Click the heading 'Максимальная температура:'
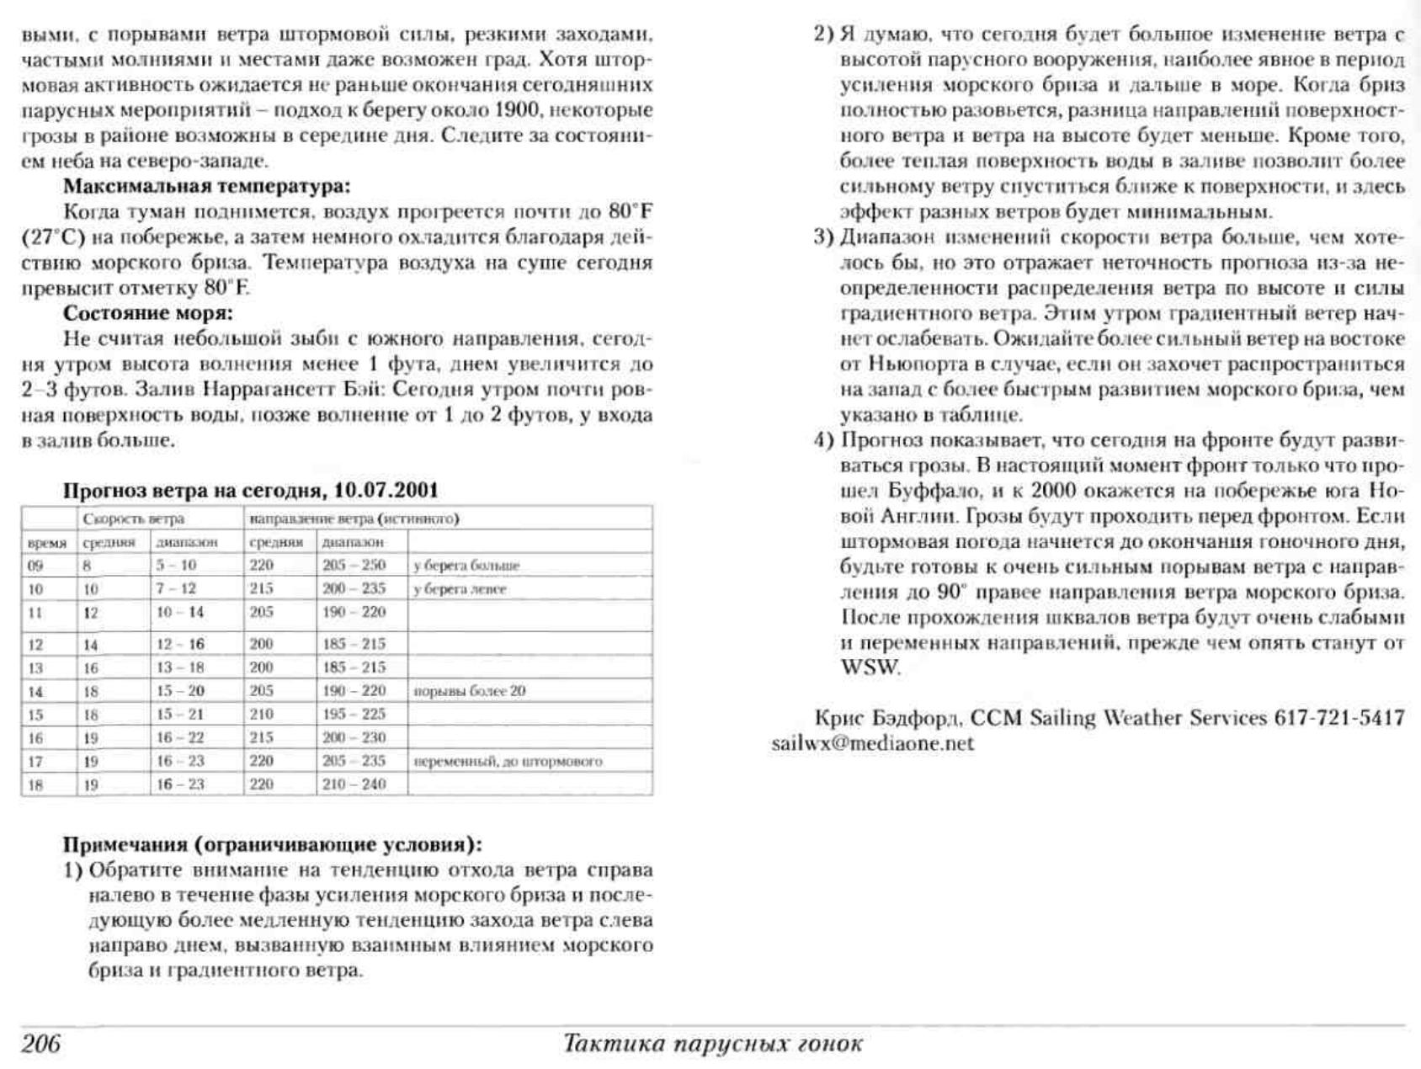coord(206,186)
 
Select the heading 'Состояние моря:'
coord(148,313)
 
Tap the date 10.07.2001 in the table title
coord(386,491)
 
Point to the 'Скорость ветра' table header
coord(133,519)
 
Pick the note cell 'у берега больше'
coord(466,566)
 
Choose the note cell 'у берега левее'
coord(460,589)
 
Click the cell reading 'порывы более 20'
coord(469,691)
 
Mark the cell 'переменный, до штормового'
coord(508,762)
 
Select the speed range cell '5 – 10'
coord(176,566)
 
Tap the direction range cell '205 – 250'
coord(354,566)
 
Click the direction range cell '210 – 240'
coord(354,784)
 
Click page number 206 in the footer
coord(41,1045)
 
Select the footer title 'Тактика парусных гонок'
coord(712,1045)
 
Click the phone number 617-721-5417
coord(1339,718)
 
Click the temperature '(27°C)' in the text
coord(54,237)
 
